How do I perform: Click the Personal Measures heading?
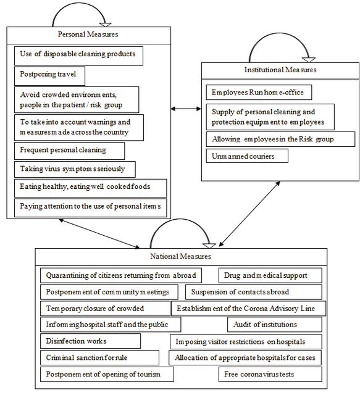(x=88, y=35)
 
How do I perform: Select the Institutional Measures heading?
(x=280, y=70)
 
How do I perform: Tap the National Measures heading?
(x=180, y=256)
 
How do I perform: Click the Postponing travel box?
(x=49, y=76)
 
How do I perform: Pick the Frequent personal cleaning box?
(x=70, y=151)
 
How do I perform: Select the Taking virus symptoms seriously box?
(x=75, y=169)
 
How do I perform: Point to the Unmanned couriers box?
(x=247, y=156)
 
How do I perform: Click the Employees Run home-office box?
(x=259, y=92)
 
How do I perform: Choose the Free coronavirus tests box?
(x=270, y=375)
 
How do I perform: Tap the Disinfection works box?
(x=91, y=341)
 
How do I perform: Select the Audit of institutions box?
(x=275, y=325)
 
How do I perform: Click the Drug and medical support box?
(x=270, y=275)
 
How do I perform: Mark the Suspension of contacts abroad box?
(x=254, y=292)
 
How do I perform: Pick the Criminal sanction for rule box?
(x=100, y=358)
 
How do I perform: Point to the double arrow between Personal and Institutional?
(x=186, y=109)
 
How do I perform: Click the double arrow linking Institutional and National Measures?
(x=249, y=214)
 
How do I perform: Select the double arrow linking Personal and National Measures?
(x=99, y=233)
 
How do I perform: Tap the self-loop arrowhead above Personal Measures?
(x=105, y=25)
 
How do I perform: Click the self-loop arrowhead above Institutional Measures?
(x=309, y=60)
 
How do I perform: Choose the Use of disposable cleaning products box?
(x=78, y=56)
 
